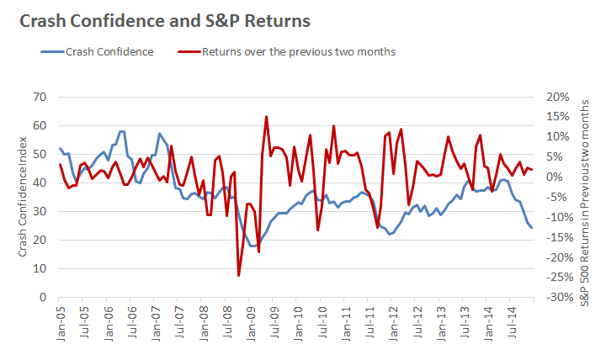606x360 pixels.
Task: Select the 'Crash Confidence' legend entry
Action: [110, 52]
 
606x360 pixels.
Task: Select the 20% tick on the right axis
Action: [559, 97]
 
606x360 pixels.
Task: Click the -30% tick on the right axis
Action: [557, 298]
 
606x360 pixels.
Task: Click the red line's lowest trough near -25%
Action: [239, 275]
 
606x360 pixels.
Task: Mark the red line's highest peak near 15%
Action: [267, 117]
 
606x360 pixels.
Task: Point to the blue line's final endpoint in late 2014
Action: [531, 228]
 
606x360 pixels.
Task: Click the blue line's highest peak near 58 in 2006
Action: [122, 131]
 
